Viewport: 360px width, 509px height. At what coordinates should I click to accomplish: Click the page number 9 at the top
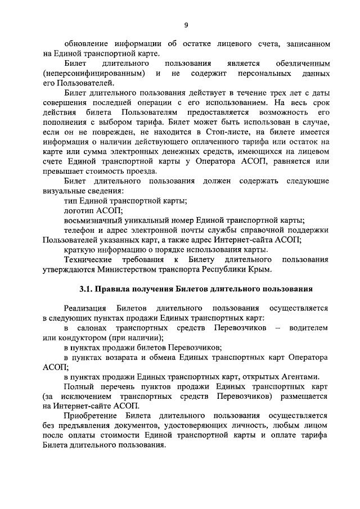pos(186,25)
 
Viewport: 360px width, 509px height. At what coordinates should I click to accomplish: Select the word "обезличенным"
pos(303,64)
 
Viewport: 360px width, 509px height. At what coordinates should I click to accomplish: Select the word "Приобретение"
pos(92,416)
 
